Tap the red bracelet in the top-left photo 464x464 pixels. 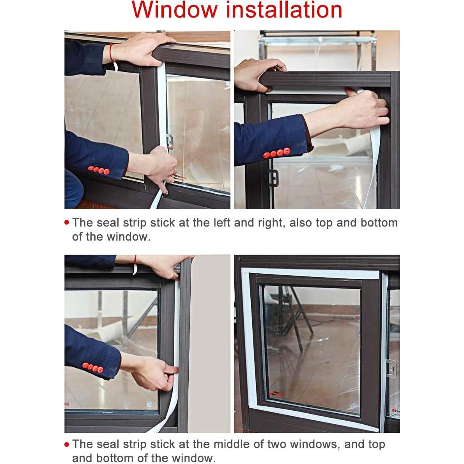coord(112,52)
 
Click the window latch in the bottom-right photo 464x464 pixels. coord(391,367)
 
